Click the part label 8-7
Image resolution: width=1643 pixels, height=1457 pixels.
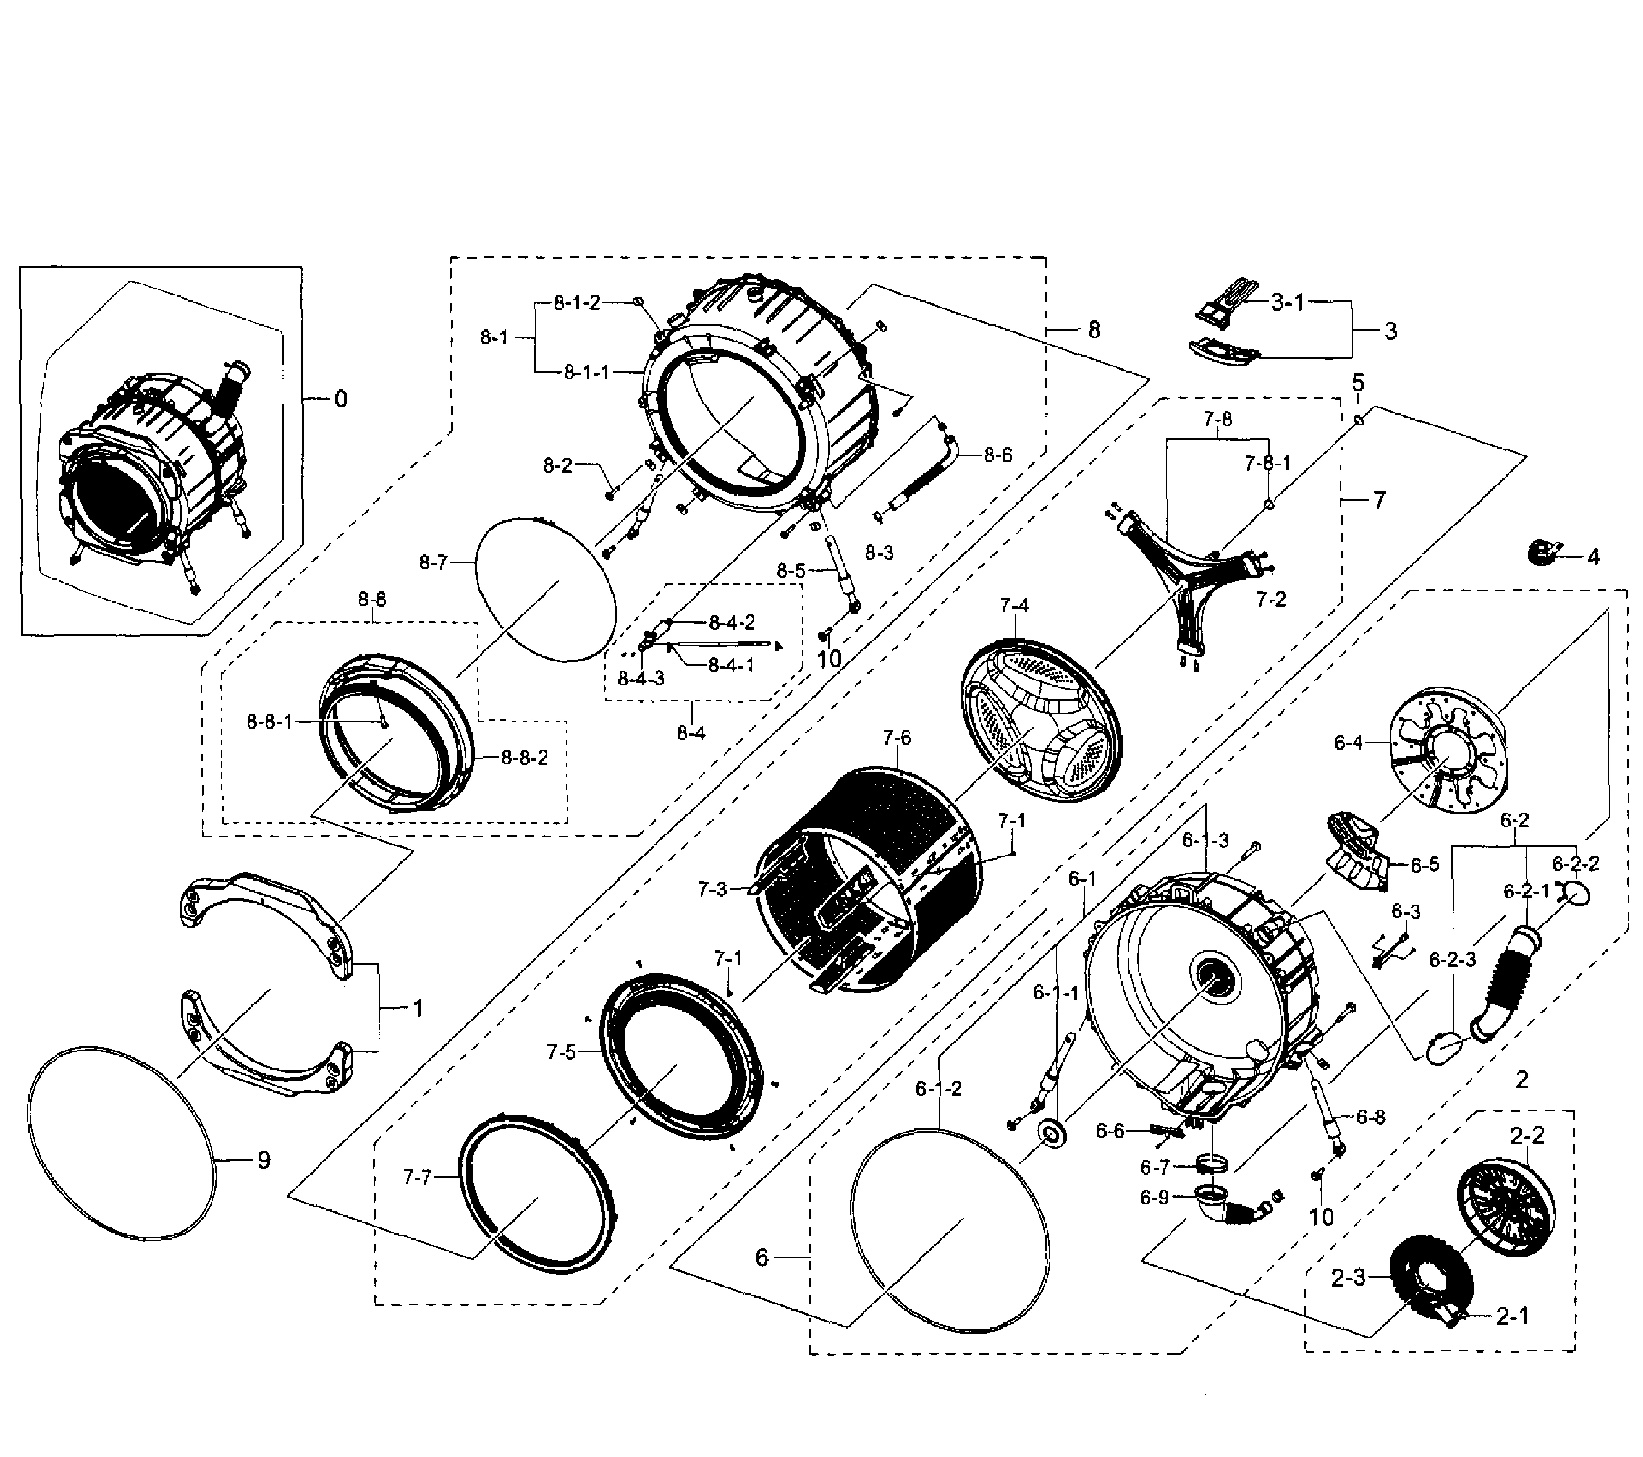[x=433, y=563]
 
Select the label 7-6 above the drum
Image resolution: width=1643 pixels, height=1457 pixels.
[x=896, y=736]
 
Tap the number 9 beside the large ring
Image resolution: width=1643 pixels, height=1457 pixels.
[x=264, y=1160]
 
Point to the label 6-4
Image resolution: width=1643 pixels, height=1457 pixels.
[x=1348, y=743]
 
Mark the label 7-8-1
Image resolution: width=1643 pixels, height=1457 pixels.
[x=1268, y=463]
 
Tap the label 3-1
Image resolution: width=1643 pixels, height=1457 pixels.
[x=1288, y=302]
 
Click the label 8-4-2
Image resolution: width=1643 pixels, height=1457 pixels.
[x=731, y=622]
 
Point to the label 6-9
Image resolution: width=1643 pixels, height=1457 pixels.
[x=1154, y=1197]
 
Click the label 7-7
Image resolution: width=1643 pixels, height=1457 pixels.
[x=417, y=1177]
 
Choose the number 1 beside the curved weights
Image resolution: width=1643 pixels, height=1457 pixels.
[x=417, y=1008]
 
